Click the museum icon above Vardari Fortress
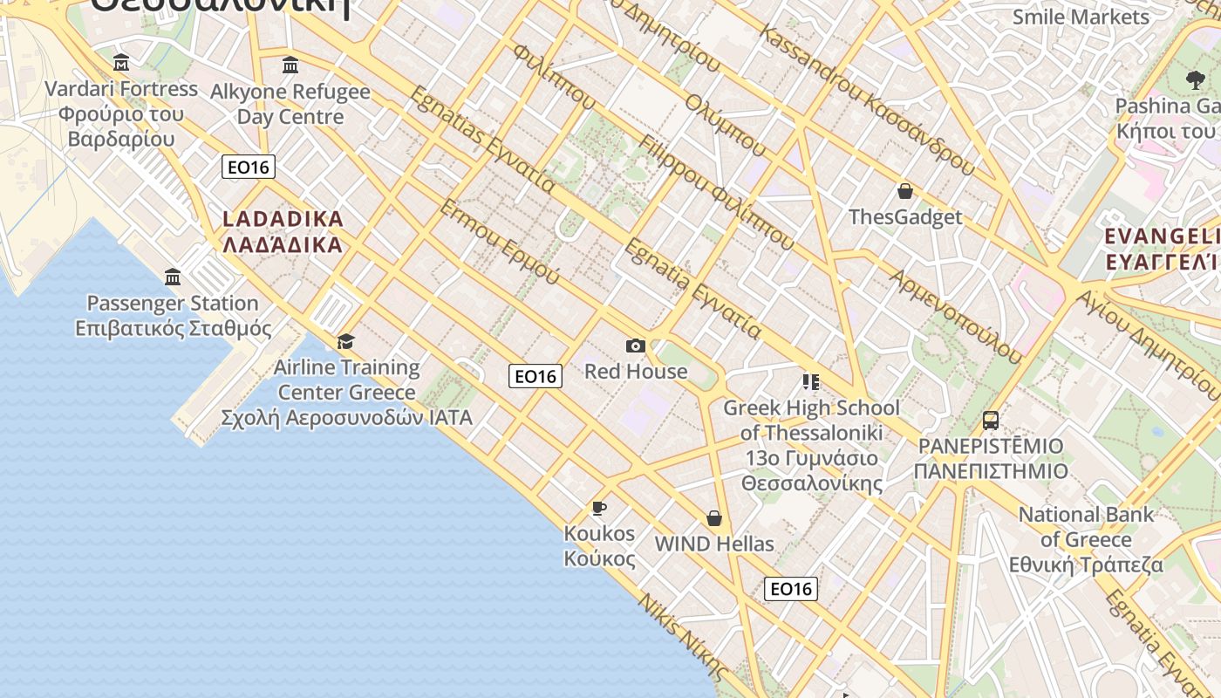tap(121, 62)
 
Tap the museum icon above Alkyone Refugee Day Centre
tap(290, 65)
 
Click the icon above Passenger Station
tap(173, 277)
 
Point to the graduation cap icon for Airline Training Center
tap(346, 340)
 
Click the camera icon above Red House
tap(636, 346)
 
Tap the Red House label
tap(636, 371)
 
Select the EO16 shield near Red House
tap(535, 376)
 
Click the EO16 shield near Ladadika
tap(249, 167)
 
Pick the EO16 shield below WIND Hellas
tap(791, 589)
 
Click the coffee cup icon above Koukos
tap(599, 507)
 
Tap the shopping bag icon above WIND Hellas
tap(714, 518)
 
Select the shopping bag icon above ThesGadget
tap(905, 191)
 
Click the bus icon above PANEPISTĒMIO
tap(991, 420)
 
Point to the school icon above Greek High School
tap(811, 381)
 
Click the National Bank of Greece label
tap(1086, 538)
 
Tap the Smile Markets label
tap(1081, 17)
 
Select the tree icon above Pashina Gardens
tap(1195, 80)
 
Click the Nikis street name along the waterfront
tap(683, 635)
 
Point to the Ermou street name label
tap(499, 242)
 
